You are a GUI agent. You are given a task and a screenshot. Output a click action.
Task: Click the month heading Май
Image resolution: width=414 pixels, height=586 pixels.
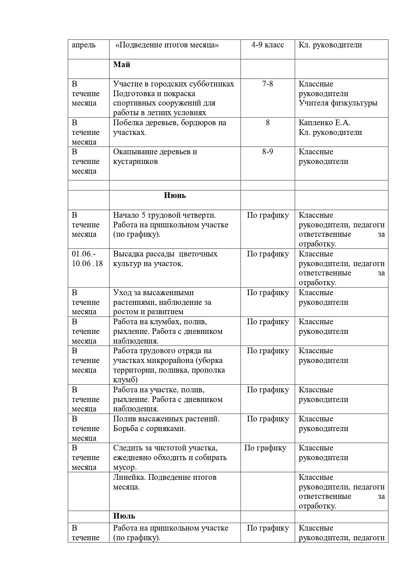[x=122, y=65]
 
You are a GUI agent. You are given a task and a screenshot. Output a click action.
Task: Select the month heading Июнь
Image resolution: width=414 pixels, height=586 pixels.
[x=175, y=196]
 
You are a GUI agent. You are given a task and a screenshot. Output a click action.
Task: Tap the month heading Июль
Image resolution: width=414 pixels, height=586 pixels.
[x=124, y=516]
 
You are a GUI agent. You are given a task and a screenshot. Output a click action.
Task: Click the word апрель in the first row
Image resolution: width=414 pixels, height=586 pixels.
[x=83, y=45]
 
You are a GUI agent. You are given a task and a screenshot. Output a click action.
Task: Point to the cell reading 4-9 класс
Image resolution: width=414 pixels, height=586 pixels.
[x=267, y=45]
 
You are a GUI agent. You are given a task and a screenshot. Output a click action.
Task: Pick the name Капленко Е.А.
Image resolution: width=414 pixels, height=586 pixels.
[x=324, y=123]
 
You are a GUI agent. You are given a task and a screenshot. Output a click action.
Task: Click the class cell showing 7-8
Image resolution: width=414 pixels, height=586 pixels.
[x=267, y=84]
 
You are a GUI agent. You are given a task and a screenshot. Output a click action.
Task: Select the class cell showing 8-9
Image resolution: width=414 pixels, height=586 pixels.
[x=267, y=152]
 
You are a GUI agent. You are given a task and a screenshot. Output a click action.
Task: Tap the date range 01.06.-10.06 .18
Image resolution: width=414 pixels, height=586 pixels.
[x=87, y=259]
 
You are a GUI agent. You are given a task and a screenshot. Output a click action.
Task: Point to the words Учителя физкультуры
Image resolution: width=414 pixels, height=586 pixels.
[x=338, y=103]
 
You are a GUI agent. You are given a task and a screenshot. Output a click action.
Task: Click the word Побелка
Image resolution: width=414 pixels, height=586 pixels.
[x=127, y=123]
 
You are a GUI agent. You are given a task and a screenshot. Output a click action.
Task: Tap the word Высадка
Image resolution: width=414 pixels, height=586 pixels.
[x=127, y=254]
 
